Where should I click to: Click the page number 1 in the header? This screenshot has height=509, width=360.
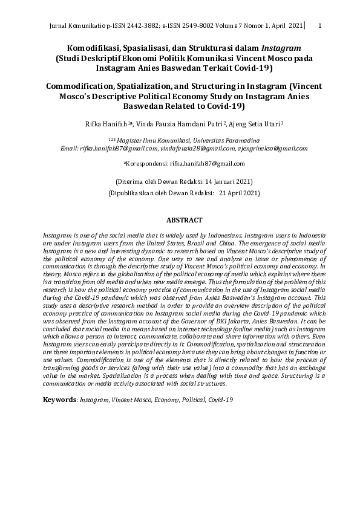pyautogui.click(x=319, y=26)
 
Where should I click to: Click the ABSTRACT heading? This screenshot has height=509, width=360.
pyautogui.click(x=184, y=221)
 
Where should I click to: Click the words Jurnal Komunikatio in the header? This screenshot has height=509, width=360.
pyautogui.click(x=74, y=26)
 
